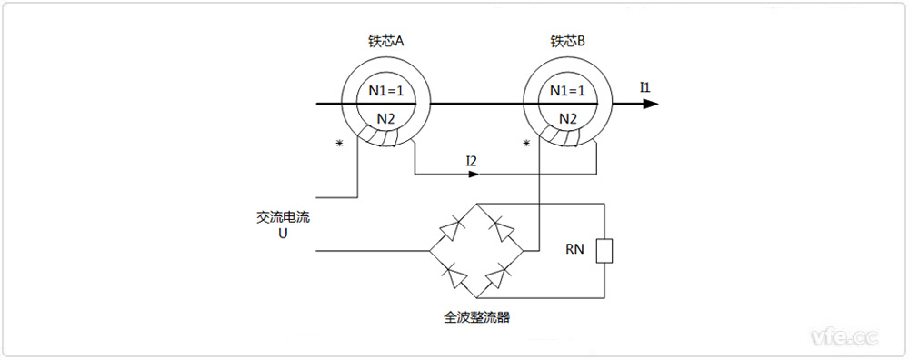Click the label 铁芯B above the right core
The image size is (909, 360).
click(x=567, y=42)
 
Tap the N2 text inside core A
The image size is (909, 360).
click(x=386, y=118)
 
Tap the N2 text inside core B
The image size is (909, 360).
click(x=567, y=118)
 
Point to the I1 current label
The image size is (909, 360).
click(x=645, y=87)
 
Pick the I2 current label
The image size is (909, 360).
click(x=471, y=161)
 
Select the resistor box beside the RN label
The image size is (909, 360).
click(x=604, y=251)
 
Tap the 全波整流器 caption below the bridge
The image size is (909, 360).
click(x=477, y=318)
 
